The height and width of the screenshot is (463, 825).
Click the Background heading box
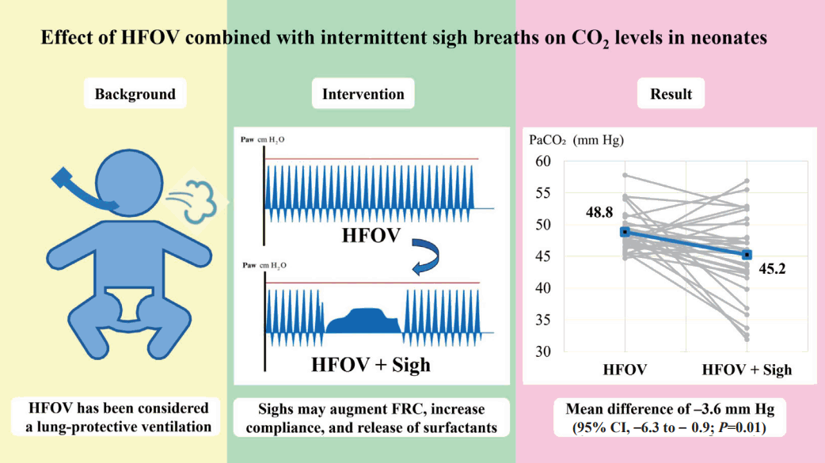135,93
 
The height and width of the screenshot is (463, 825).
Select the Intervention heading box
363,93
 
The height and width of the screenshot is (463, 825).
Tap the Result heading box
671,93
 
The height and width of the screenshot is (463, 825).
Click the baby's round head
129,183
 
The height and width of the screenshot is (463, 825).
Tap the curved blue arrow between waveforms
426,256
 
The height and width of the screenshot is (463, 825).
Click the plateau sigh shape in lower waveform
363,321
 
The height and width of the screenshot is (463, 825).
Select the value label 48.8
599,212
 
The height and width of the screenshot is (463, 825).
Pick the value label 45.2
772,269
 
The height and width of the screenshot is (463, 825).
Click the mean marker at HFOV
625,232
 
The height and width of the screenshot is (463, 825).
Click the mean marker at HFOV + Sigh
747,255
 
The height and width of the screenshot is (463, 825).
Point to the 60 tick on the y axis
543,161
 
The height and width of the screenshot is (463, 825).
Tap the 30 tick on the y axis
543,351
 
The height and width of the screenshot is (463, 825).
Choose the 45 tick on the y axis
543,256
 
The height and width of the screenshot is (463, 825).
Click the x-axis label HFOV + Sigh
747,370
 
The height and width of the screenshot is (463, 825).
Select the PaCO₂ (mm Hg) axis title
576,140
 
